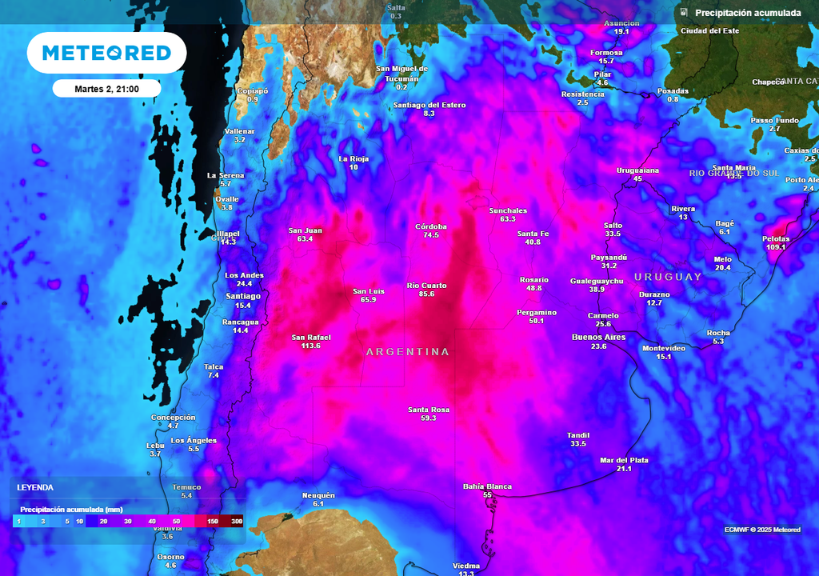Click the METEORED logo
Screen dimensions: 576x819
pyautogui.click(x=106, y=53)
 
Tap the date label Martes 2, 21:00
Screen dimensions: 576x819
pyautogui.click(x=106, y=89)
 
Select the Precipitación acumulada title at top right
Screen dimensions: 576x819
pyautogui.click(x=747, y=13)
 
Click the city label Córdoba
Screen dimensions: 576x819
pyautogui.click(x=431, y=226)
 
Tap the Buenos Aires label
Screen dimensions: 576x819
pyautogui.click(x=598, y=338)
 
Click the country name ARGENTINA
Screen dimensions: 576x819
pyautogui.click(x=408, y=352)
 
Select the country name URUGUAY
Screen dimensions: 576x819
pyautogui.click(x=668, y=277)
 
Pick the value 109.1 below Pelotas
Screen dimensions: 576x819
pyautogui.click(x=776, y=247)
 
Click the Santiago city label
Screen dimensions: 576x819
pyautogui.click(x=243, y=296)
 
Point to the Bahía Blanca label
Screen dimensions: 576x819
pyautogui.click(x=487, y=486)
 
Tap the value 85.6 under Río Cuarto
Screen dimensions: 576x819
pyautogui.click(x=426, y=294)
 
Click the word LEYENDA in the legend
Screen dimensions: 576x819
pyautogui.click(x=35, y=487)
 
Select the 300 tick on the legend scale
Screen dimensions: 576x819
pyautogui.click(x=237, y=522)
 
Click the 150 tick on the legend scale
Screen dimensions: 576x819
pyautogui.click(x=213, y=522)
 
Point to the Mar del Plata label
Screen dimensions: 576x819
pyautogui.click(x=624, y=460)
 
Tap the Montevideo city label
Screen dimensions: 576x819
pyautogui.click(x=664, y=348)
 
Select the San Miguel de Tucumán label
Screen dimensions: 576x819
pyautogui.click(x=402, y=74)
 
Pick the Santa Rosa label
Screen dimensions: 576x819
pyautogui.click(x=428, y=410)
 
